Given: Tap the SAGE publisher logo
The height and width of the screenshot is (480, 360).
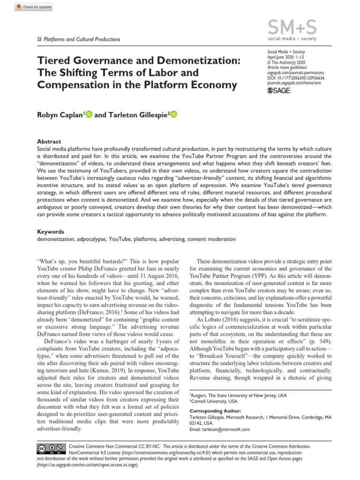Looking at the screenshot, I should [x=278, y=90].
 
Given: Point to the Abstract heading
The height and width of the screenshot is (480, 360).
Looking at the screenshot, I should [x=48, y=141].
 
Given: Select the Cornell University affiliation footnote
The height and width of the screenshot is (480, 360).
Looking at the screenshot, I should [x=213, y=402].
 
